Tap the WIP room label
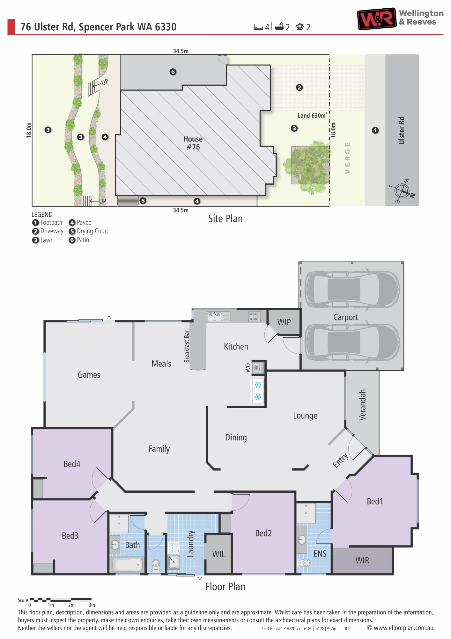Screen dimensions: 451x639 click(x=284, y=322)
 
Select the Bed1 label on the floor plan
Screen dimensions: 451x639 click(x=375, y=501)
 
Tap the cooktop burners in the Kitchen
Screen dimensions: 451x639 click(x=254, y=317)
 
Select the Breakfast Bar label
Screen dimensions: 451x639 click(x=187, y=346)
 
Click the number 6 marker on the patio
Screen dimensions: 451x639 click(x=173, y=72)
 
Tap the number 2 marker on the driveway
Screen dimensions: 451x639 click(x=299, y=87)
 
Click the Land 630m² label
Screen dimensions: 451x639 click(x=312, y=115)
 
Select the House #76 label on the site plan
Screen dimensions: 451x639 click(x=193, y=143)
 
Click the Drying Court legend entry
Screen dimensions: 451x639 click(x=88, y=231)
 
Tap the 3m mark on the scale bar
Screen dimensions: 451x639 click(x=92, y=605)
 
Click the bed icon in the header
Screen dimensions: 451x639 click(x=258, y=27)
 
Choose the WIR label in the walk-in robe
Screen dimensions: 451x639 click(x=362, y=560)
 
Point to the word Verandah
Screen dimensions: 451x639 click(x=362, y=405)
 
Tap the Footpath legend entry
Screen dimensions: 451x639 click(x=47, y=222)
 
